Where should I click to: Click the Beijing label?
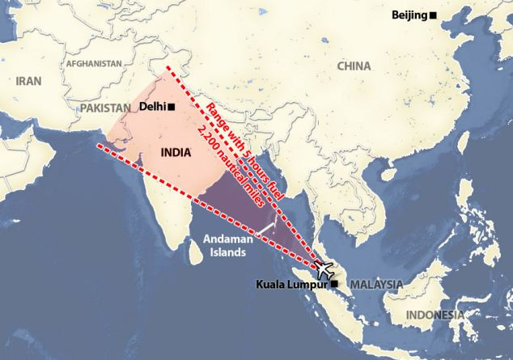point(409,15)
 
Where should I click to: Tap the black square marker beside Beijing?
point(433,15)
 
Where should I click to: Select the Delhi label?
point(152,106)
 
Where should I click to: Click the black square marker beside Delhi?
point(171,107)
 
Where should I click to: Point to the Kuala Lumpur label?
point(292,284)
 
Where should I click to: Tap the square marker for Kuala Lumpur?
point(334,284)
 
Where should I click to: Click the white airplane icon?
point(327,268)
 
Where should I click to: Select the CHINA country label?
point(354,66)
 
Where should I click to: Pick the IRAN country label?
point(28,80)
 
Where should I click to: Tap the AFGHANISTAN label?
point(94,63)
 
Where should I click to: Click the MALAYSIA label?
point(376,284)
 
